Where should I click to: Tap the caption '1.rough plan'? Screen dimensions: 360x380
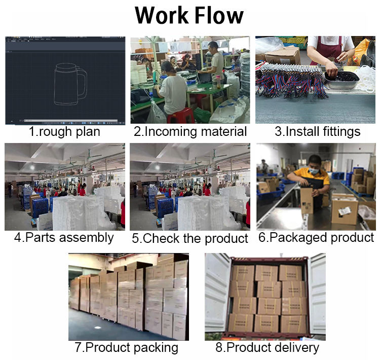point(64,132)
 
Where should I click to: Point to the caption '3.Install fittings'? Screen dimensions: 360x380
point(318,132)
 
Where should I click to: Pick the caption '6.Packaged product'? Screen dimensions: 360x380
point(316,237)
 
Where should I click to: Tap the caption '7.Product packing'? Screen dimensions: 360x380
point(126,347)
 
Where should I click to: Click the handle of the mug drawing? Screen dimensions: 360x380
point(81,81)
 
